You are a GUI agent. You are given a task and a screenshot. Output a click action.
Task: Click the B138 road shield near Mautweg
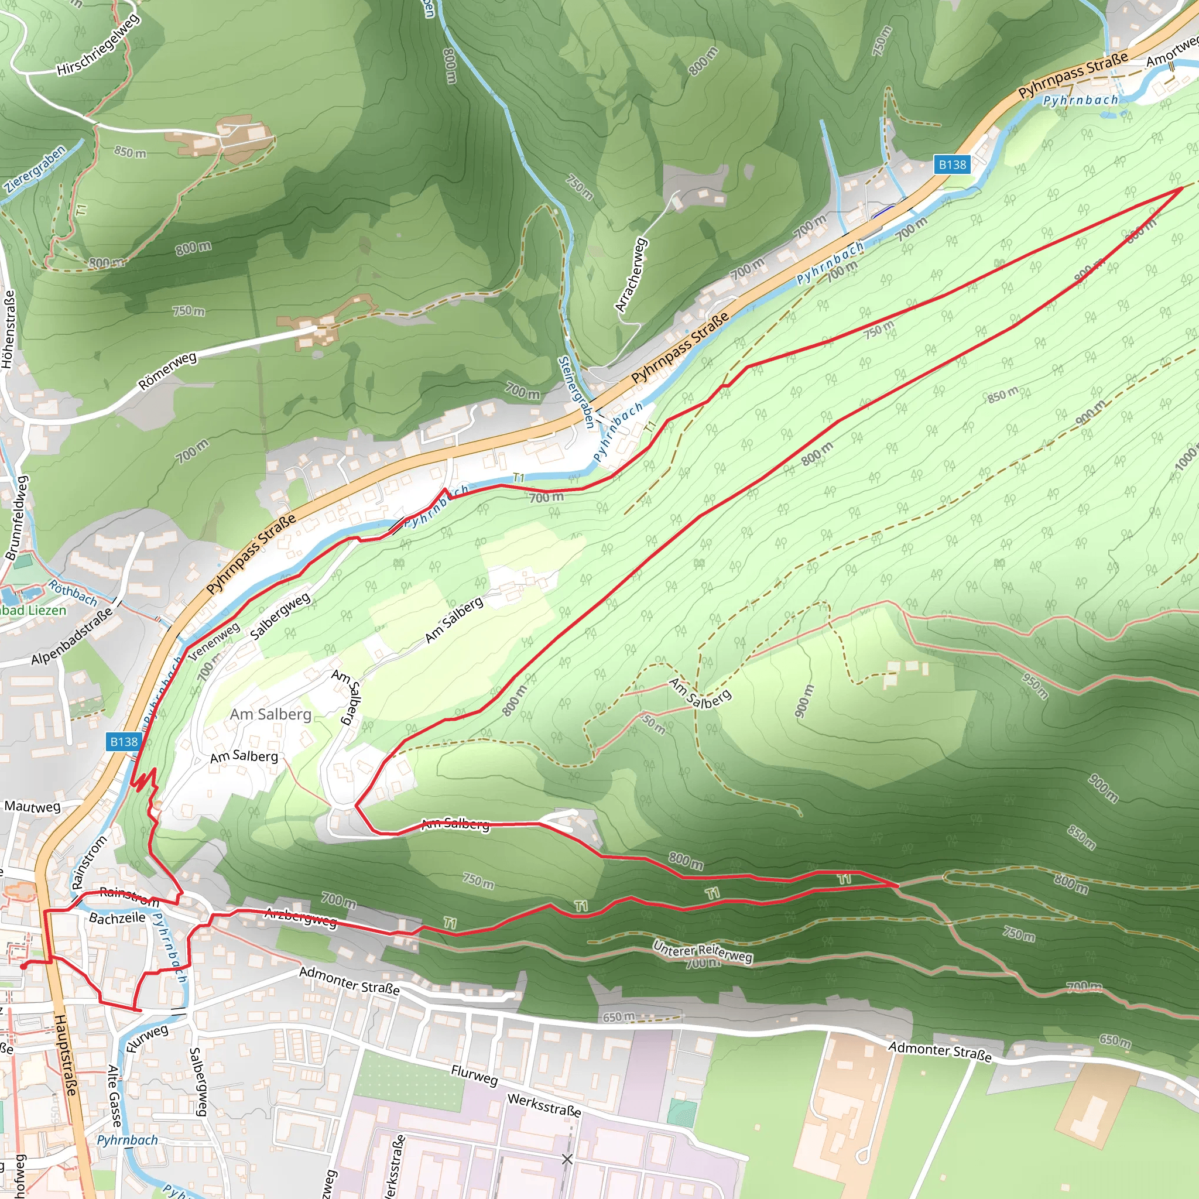124,742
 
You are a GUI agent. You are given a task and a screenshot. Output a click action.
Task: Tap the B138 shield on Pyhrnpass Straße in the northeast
952,165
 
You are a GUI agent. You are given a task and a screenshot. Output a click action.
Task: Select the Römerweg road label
167,371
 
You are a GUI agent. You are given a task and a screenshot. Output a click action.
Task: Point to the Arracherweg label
631,275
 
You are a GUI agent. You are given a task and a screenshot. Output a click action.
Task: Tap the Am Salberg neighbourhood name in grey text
270,714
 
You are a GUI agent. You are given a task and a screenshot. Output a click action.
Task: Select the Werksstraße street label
544,1105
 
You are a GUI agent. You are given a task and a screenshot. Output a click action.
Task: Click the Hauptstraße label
65,1055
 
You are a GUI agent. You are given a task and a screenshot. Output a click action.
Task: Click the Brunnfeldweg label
17,518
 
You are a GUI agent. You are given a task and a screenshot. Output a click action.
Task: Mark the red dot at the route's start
23,966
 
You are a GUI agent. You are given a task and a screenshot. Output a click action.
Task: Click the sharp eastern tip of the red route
1181,187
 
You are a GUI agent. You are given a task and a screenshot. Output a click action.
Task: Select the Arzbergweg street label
301,917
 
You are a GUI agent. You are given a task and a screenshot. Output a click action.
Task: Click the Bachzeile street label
117,917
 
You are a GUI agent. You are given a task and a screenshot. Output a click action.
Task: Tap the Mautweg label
32,807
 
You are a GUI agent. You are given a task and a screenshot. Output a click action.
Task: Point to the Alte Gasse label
114,1096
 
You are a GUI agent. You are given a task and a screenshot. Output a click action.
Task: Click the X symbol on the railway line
567,1159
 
